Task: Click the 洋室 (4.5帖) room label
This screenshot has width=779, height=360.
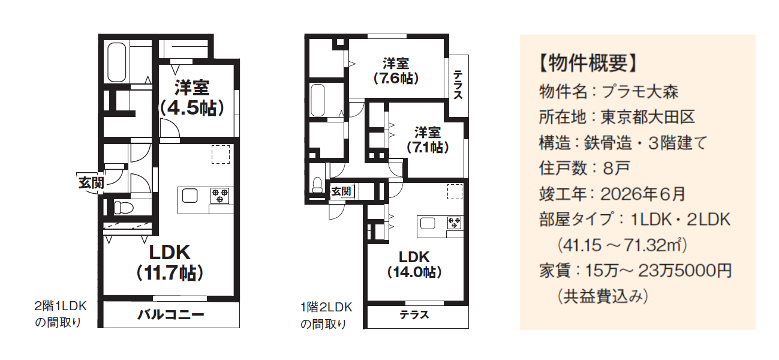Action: tap(192, 98)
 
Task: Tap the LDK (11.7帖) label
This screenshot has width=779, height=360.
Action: tap(170, 263)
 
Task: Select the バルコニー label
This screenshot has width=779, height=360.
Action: tap(171, 315)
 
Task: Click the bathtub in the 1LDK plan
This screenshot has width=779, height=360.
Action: tap(117, 62)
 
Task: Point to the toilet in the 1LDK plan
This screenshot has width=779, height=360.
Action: tap(124, 208)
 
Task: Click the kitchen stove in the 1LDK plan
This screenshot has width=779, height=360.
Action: tap(220, 196)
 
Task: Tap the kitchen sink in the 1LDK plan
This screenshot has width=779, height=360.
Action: tap(190, 196)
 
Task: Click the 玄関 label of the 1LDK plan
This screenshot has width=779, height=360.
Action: tap(91, 182)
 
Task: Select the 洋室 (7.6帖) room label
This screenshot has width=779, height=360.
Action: tap(396, 71)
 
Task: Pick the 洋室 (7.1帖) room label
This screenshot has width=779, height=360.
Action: tap(428, 140)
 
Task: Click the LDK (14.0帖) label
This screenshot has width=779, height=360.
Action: tap(414, 265)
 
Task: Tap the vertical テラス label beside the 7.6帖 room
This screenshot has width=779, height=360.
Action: tap(458, 85)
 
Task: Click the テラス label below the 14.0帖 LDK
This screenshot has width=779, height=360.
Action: tap(414, 315)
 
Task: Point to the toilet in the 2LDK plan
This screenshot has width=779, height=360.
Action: tap(317, 185)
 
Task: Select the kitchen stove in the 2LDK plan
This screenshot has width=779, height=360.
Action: tap(455, 223)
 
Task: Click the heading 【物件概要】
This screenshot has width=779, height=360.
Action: tap(588, 63)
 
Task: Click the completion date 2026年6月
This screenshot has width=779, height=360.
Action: tap(643, 194)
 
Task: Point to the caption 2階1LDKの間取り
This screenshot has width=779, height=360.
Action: tap(60, 314)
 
